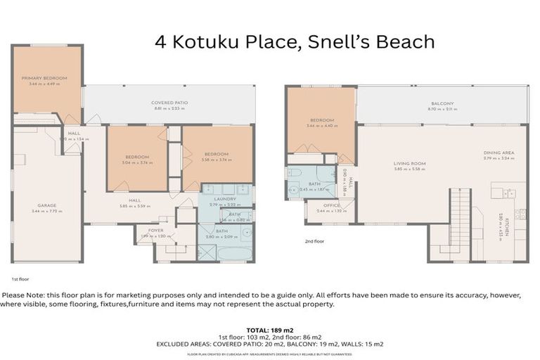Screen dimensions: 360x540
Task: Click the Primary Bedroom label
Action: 44,78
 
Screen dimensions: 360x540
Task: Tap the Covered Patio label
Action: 169,103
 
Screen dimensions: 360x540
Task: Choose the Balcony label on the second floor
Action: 442,103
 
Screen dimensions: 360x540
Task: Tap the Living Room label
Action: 409,164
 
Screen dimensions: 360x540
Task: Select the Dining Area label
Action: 499,153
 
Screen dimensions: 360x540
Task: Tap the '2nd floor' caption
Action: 314,241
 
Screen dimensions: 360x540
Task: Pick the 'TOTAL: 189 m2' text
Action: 270,329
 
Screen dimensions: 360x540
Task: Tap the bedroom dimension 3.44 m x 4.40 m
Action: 321,126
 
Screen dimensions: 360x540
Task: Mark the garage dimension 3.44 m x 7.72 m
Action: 47,212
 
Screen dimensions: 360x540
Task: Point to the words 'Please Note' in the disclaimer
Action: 23,295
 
